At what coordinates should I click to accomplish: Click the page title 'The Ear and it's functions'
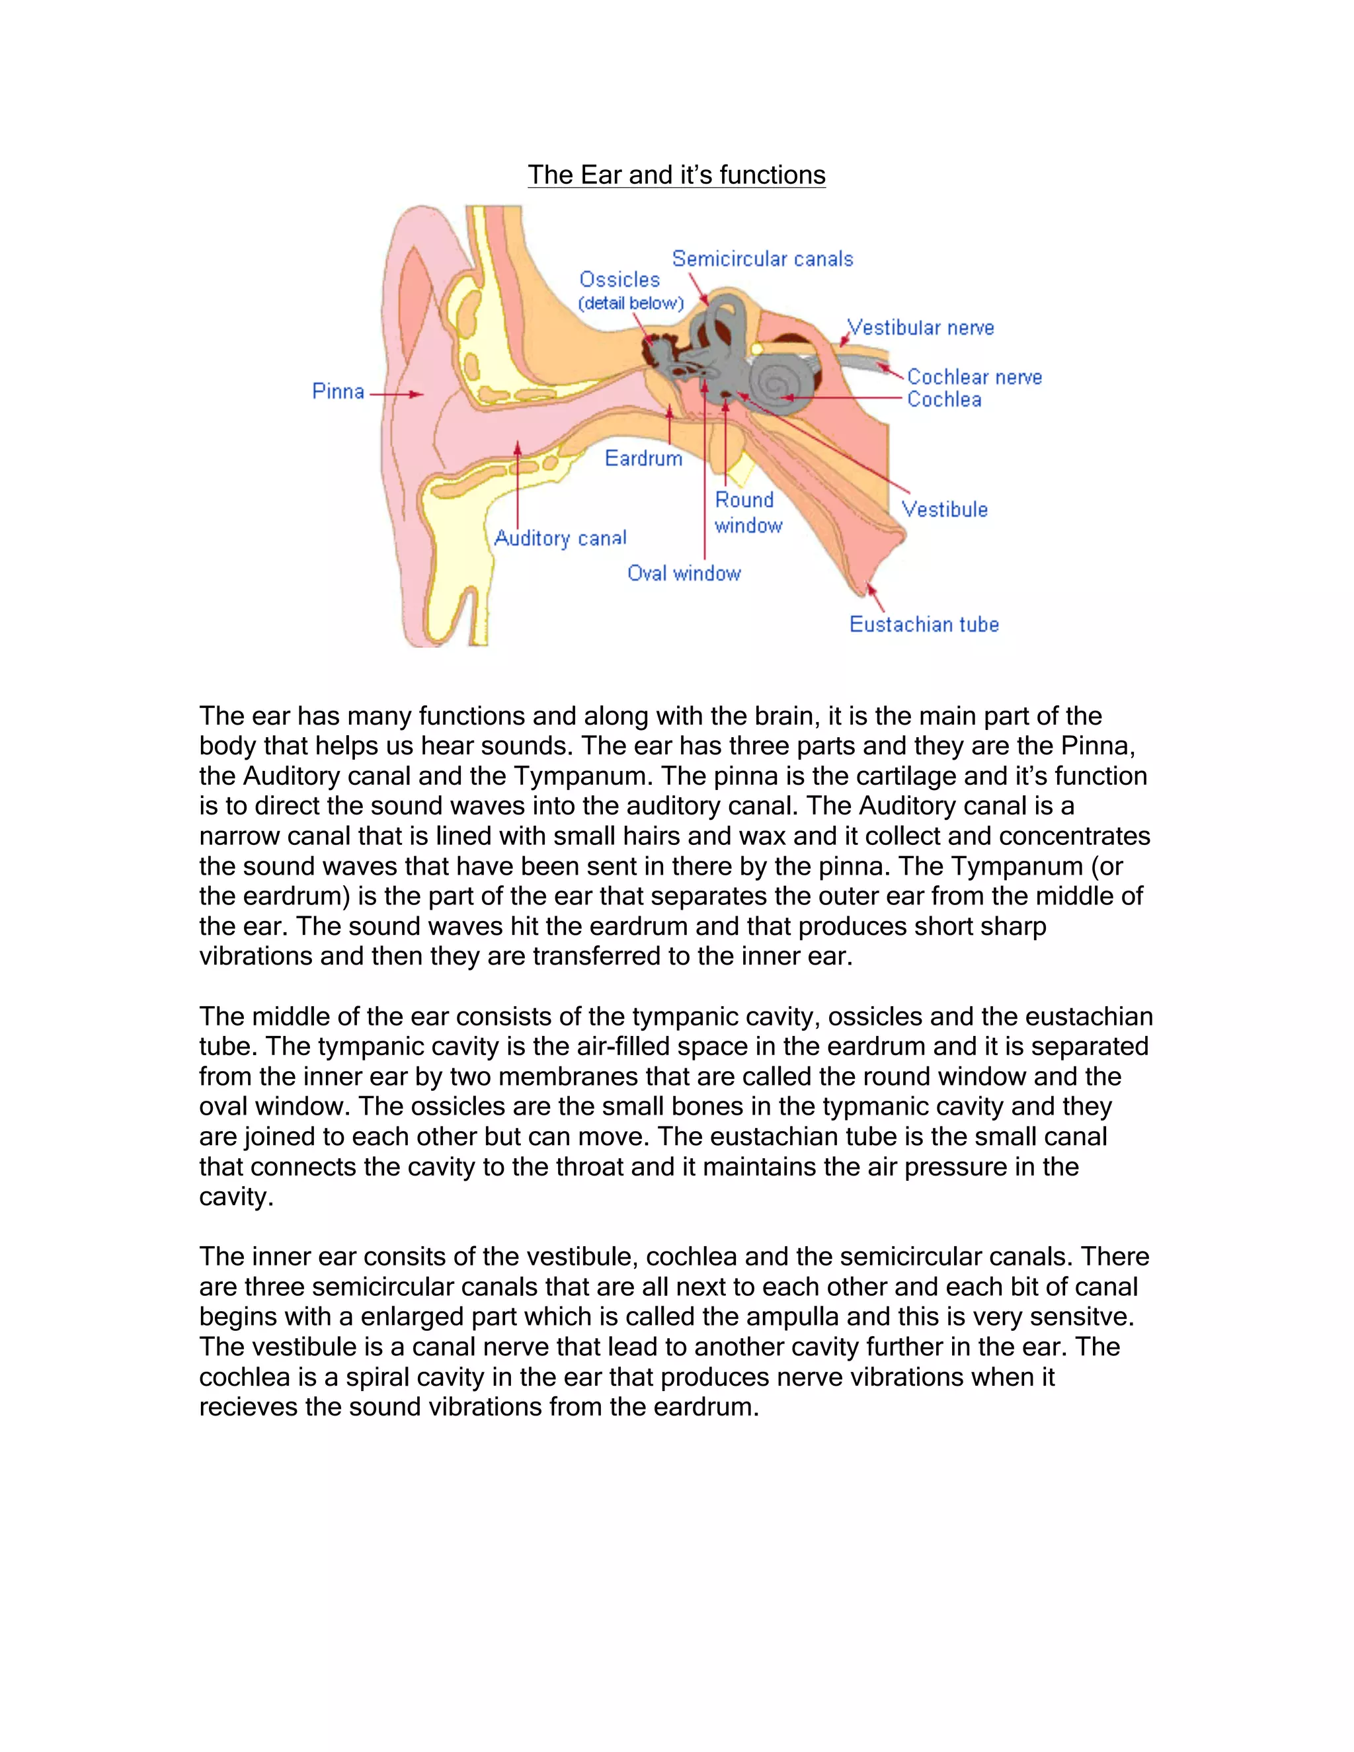coord(676,175)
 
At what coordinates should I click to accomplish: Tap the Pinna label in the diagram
coord(338,391)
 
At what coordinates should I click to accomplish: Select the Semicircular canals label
coord(762,259)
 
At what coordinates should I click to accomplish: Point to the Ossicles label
coord(619,280)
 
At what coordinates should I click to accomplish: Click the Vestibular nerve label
coord(921,328)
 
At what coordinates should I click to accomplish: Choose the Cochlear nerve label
coord(974,377)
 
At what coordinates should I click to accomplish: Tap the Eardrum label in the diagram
coord(643,458)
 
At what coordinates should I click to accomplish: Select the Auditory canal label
coord(560,538)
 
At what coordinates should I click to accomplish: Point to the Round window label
coord(748,512)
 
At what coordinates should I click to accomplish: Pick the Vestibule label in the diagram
coord(944,509)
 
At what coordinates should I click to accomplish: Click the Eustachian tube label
coord(924,624)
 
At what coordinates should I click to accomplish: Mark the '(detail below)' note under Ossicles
coord(631,303)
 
